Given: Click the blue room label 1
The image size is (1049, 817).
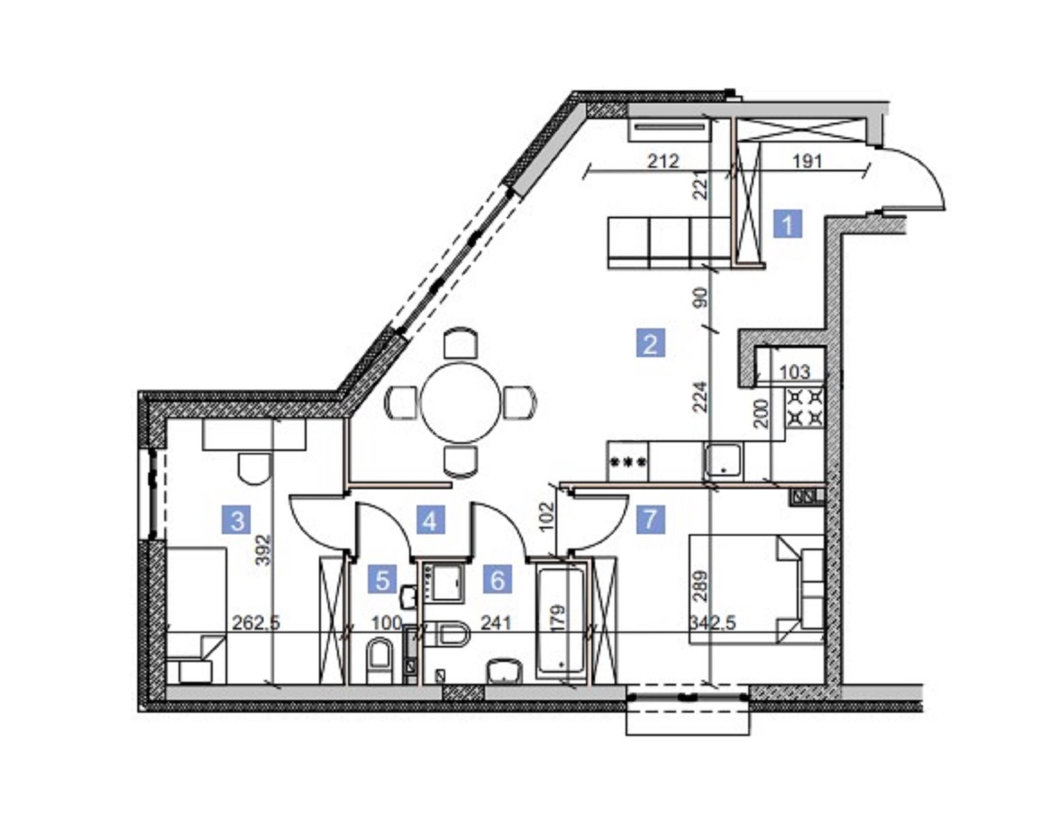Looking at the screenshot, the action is point(788,224).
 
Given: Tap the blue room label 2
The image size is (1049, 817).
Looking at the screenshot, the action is point(650,343).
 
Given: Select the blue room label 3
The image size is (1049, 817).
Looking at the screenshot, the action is point(237,519).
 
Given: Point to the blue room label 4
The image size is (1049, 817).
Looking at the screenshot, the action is point(430,519).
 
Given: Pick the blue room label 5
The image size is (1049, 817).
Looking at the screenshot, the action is point(382,579).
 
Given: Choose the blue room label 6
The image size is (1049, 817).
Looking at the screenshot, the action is point(498,579).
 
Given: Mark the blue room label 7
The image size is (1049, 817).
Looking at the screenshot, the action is point(650,519).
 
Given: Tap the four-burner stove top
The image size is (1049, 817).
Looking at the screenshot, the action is point(804,408).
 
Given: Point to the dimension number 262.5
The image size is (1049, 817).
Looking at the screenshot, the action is point(256,623).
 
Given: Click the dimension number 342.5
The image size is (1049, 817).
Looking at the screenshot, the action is point(713,623).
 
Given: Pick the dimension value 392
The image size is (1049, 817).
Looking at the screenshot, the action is point(265,549).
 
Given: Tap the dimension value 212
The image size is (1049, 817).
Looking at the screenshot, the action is point(663,161).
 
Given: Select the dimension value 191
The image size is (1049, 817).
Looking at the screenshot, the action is point(807,161).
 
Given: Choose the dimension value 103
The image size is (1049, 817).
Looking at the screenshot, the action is point(794,372).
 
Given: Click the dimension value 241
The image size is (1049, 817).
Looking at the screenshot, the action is point(496,623).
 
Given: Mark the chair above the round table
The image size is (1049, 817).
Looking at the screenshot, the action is point(461,344).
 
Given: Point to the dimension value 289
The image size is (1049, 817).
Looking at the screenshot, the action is point(701,586).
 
